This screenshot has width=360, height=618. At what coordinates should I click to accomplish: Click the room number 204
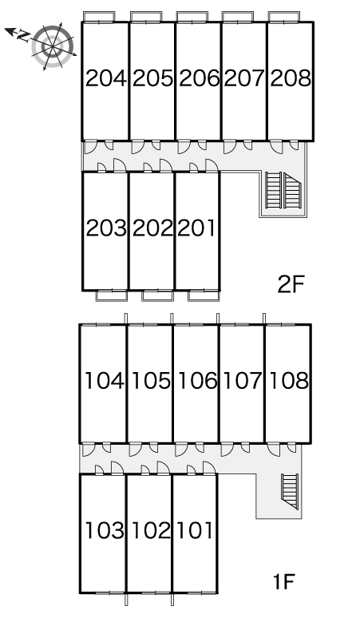pyautogui.click(x=106, y=78)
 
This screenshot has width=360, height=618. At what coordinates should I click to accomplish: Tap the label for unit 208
pyautogui.click(x=291, y=78)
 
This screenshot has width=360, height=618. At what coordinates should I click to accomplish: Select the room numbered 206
pyautogui.click(x=199, y=78)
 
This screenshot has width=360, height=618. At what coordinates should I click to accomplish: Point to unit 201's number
pyautogui.click(x=196, y=228)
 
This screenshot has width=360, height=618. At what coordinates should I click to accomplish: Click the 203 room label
pyautogui.click(x=106, y=228)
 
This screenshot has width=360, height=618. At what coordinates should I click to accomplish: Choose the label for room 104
pyautogui.click(x=105, y=381)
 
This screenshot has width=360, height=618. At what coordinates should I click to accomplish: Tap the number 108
pyautogui.click(x=289, y=381)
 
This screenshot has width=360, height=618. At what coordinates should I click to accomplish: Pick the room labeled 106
pyautogui.click(x=197, y=381)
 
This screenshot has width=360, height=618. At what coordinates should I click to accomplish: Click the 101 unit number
pyautogui.click(x=195, y=530)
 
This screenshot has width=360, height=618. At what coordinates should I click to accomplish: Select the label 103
pyautogui.click(x=105, y=530)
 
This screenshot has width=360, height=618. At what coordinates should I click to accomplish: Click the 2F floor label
pyautogui.click(x=291, y=284)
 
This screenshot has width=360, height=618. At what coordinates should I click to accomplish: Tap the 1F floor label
pyautogui.click(x=284, y=581)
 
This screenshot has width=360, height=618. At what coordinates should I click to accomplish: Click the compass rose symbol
pyautogui.click(x=53, y=46)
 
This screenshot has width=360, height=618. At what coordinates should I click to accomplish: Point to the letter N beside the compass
pyautogui.click(x=23, y=36)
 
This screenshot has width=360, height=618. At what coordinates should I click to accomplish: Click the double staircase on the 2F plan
pyautogui.click(x=283, y=190)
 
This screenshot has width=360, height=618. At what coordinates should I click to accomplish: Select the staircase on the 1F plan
pyautogui.click(x=290, y=492)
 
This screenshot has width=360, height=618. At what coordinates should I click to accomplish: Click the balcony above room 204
pyautogui.click(x=99, y=17)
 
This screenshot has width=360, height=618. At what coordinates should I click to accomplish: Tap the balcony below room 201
pyautogui.click(x=204, y=295)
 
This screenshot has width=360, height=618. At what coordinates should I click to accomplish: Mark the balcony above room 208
pyautogui.click(x=284, y=17)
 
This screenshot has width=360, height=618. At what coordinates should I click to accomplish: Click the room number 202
pyautogui.click(x=152, y=228)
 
